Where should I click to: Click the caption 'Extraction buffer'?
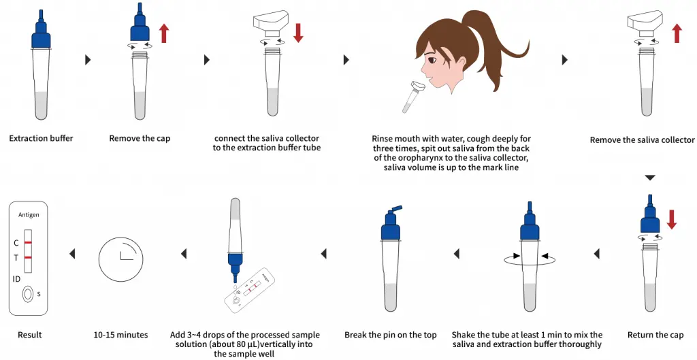coord(41,138)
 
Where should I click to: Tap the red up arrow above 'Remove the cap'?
coord(164,33)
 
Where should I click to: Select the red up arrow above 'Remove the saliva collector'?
coord(676,32)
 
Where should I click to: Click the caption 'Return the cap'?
coord(655,335)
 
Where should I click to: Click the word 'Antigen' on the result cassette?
coord(29,215)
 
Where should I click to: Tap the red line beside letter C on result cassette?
coord(29,242)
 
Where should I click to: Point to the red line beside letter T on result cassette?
coord(29,259)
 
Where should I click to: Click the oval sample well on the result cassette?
coord(28,294)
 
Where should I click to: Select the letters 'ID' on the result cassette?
coord(16,278)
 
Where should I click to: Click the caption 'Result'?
coord(29,335)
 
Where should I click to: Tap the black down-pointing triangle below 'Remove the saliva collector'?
coord(649,178)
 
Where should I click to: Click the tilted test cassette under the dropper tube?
coord(251,293)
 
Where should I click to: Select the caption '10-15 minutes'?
coord(120,335)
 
